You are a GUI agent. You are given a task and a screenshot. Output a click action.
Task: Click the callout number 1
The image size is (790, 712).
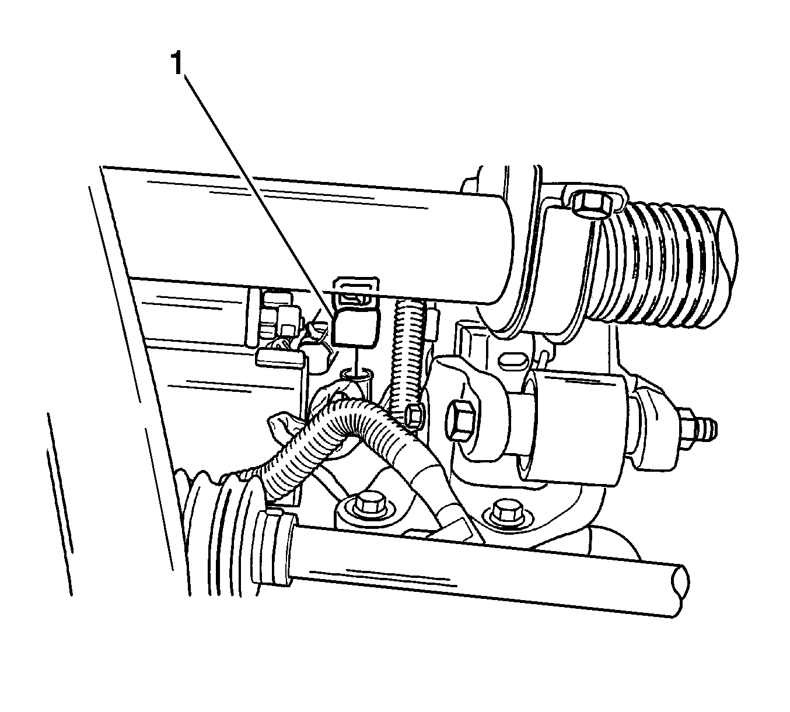177,64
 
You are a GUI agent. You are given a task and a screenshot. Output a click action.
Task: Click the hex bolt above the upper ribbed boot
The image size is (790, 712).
588,204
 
